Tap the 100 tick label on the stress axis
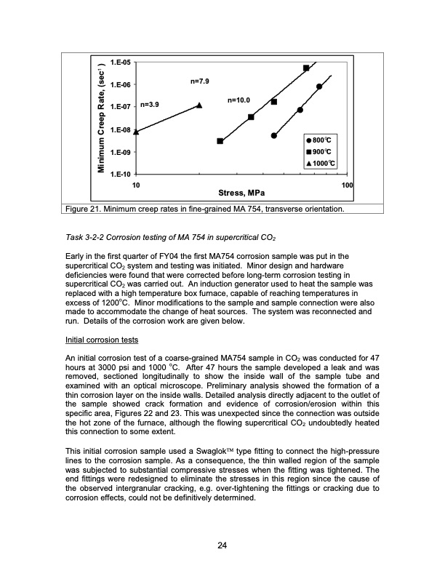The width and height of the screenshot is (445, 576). tap(347, 186)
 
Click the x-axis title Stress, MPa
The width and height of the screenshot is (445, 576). tap(241, 194)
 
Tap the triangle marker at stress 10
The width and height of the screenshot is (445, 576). tap(136, 132)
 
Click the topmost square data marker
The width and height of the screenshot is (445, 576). tap(306, 68)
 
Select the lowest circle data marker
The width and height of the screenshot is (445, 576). tap(274, 135)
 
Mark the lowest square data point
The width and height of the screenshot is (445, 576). tap(220, 141)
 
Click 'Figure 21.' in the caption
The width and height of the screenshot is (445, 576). tap(82, 209)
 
